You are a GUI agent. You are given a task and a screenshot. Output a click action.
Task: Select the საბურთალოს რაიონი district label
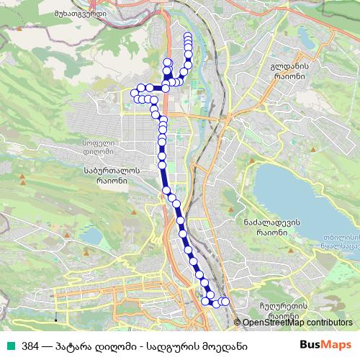tap(102, 176)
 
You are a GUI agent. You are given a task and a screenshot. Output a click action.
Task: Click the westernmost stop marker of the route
tap(134, 91)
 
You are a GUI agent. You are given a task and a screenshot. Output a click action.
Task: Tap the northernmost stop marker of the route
tap(188, 35)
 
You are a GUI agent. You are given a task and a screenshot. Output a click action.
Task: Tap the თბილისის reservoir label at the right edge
tap(341, 238)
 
